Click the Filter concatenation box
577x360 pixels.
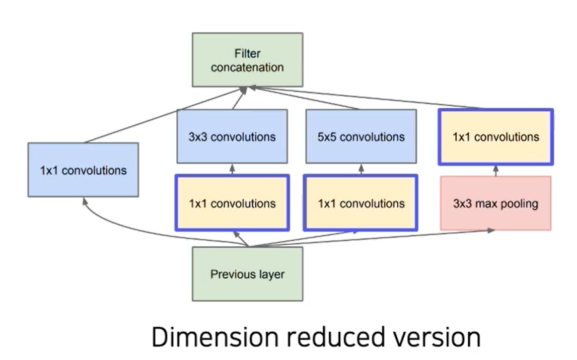click(x=248, y=60)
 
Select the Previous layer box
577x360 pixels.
click(x=248, y=274)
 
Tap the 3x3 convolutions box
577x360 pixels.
click(x=232, y=136)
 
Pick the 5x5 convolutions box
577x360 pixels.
click(x=362, y=136)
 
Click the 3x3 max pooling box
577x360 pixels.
click(x=495, y=203)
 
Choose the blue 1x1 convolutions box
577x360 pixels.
click(x=83, y=170)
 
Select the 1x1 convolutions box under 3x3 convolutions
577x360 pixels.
click(x=232, y=203)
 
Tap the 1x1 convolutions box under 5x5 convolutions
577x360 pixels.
click(x=360, y=203)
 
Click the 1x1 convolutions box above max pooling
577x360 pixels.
click(x=495, y=136)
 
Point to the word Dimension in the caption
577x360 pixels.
click(x=215, y=337)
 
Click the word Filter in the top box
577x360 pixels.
click(x=248, y=53)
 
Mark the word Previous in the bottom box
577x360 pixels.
click(x=232, y=274)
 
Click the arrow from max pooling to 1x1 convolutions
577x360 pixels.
click(x=495, y=171)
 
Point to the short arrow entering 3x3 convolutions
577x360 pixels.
click(x=232, y=169)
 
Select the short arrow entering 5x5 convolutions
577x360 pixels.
click(x=362, y=169)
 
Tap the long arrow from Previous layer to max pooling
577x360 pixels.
click(x=372, y=238)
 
